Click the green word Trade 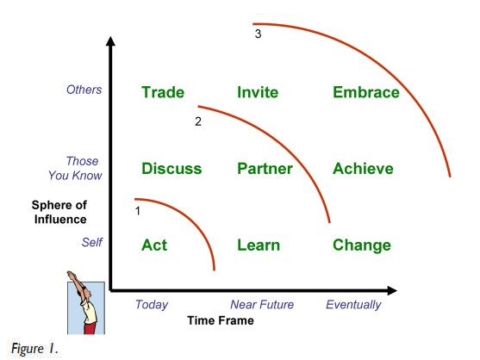(163, 92)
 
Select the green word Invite (258, 92)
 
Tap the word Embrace (366, 92)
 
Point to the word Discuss (171, 169)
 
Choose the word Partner (265, 169)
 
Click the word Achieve (363, 169)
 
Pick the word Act (154, 245)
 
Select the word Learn (259, 245)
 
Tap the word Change (362, 245)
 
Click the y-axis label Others (84, 90)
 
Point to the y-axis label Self (92, 242)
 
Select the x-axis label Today (152, 305)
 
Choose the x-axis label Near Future (262, 304)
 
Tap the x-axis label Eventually (353, 305)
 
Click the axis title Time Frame (221, 320)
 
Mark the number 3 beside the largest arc (258, 34)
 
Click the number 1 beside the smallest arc (138, 211)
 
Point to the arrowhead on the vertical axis (110, 41)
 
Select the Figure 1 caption (34, 349)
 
